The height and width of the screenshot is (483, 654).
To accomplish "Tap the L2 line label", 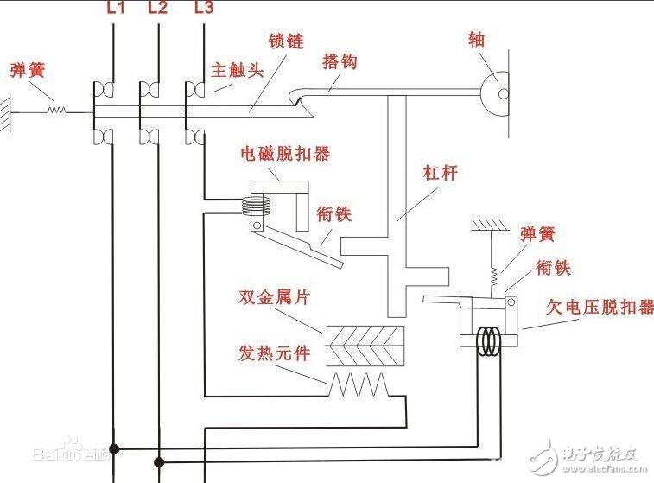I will pyautogui.click(x=158, y=10).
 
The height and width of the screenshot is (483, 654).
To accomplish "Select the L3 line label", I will pyautogui.click(x=203, y=10).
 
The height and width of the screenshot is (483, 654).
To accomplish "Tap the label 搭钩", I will pyautogui.click(x=339, y=61).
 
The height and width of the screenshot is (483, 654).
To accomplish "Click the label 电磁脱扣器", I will pyautogui.click(x=284, y=154).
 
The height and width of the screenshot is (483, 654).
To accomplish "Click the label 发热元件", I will pyautogui.click(x=274, y=353).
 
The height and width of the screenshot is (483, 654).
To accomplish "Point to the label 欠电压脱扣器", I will pyautogui.click(x=600, y=307).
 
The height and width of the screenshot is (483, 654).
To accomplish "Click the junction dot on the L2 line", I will pyautogui.click(x=158, y=461).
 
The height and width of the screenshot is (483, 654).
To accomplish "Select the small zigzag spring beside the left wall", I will pyautogui.click(x=57, y=110).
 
